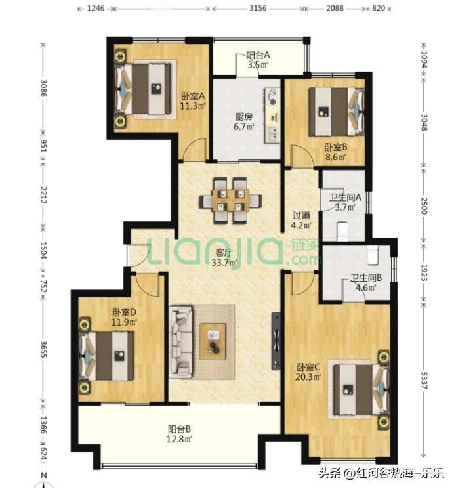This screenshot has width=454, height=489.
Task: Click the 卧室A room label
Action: tap(194, 96)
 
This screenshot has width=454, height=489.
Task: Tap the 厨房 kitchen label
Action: tap(243, 117)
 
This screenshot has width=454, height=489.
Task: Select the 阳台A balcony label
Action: tap(258, 55)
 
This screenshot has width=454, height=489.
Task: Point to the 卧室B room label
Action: tap(336, 146)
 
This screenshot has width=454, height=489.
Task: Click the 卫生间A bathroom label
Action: tap(345, 197)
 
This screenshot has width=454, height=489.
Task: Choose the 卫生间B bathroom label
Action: tap(366, 277)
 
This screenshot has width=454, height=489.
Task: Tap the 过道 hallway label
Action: tap(301, 215)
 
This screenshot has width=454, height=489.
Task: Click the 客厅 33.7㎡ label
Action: tap(224, 257)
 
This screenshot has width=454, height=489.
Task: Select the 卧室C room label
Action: tap(308, 366)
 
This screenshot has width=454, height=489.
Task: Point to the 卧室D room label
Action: tap(124, 312)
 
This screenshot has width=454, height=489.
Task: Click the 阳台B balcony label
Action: tap(179, 429)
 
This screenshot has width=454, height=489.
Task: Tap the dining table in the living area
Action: tap(230, 201)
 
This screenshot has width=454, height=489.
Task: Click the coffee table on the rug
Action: tap(213, 341)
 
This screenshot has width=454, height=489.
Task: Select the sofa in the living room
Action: tap(181, 342)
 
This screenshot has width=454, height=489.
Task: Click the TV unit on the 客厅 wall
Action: tap(276, 341)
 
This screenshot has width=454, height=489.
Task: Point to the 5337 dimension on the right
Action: tap(423, 380)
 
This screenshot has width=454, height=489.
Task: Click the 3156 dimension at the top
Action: tap(258, 8)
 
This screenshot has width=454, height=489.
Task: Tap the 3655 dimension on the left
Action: tap(44, 349)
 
